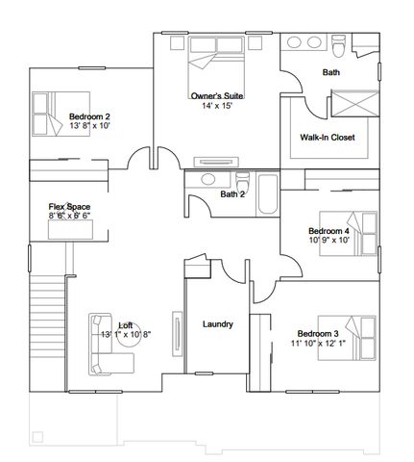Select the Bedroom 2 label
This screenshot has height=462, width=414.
(x=89, y=115)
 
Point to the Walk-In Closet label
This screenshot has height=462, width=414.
(x=328, y=138)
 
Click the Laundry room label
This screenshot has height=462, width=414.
(x=218, y=324)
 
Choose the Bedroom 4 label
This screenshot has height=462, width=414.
(x=329, y=231)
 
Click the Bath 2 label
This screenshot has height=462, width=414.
(x=233, y=194)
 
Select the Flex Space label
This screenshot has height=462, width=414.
(x=70, y=207)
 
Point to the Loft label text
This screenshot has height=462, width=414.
(x=125, y=325)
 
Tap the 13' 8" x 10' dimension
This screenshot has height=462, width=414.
(x=89, y=126)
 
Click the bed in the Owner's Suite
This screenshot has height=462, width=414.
(x=216, y=60)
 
